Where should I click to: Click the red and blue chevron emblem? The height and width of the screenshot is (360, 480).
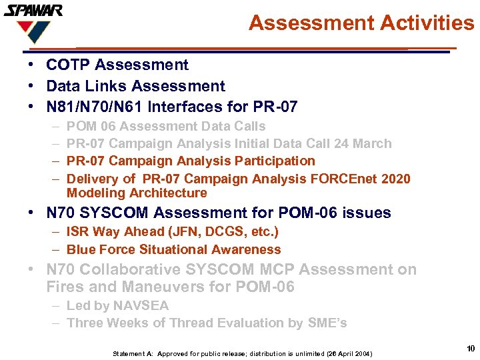pos(33,31)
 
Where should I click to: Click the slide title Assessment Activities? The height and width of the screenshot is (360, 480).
pos(361,23)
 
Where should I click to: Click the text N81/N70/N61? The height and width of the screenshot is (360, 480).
pos(95,107)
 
